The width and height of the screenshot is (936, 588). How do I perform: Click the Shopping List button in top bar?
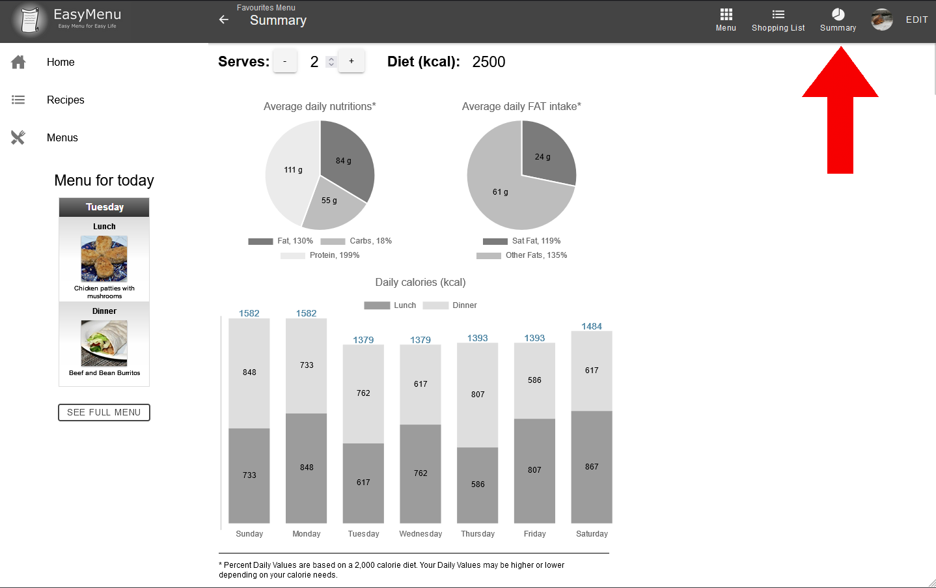click(x=778, y=20)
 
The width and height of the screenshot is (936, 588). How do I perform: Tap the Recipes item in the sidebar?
click(x=65, y=100)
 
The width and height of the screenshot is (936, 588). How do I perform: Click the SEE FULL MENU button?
click(x=104, y=412)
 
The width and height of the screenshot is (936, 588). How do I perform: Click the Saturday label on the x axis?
click(x=592, y=534)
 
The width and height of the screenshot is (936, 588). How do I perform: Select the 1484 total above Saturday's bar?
click(x=592, y=326)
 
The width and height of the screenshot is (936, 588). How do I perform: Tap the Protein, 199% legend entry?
click(x=320, y=255)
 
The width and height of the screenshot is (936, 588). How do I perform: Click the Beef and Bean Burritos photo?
click(x=104, y=343)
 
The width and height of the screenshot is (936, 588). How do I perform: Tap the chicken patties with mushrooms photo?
click(x=104, y=259)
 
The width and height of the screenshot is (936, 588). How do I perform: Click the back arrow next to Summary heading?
click(x=224, y=20)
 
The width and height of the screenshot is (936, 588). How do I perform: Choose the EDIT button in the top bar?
click(x=916, y=20)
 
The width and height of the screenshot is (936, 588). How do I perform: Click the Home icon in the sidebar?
click(x=18, y=62)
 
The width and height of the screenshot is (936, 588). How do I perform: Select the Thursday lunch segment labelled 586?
click(x=478, y=484)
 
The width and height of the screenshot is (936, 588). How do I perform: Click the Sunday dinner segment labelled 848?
click(x=249, y=372)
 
